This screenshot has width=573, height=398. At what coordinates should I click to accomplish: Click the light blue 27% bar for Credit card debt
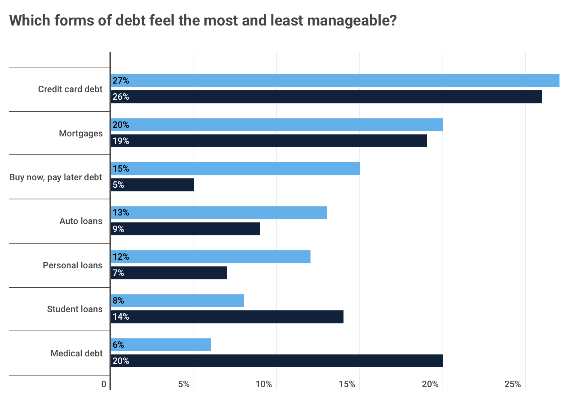335,81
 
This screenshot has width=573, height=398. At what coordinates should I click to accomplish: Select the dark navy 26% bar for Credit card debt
326,97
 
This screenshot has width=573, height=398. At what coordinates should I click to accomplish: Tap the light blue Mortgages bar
277,125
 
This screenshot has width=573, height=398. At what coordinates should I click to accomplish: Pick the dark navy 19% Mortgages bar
268,141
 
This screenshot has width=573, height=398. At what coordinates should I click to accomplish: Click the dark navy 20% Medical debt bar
277,361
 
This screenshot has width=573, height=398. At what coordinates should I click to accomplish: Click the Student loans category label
75,309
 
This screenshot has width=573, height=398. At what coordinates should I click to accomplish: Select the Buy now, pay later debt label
55,177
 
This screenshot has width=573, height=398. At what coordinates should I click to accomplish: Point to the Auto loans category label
81,221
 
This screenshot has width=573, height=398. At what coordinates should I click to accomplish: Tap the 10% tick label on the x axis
264,384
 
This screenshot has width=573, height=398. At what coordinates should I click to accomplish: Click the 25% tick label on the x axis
513,384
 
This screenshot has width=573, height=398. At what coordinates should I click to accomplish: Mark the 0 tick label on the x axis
104,384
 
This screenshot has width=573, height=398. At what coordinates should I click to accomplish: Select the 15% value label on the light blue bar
121,169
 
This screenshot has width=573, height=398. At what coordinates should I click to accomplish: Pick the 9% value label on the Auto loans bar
118,229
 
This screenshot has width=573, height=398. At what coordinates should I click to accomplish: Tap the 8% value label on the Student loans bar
118,301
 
